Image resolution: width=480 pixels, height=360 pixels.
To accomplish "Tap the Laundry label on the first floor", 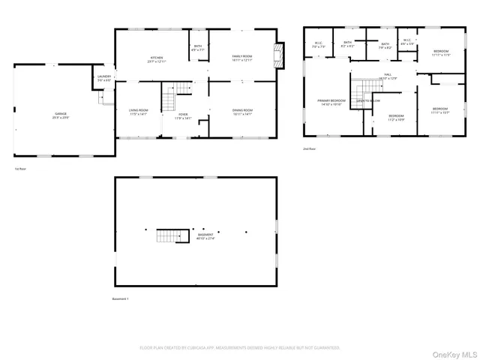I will click(104, 77).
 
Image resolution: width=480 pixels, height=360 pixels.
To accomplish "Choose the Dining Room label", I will click(242, 112).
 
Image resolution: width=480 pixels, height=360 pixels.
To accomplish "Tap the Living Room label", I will click(139, 112).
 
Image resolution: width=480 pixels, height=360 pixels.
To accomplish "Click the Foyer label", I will click(183, 116).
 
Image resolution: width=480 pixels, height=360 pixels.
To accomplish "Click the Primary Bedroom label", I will click(331, 102).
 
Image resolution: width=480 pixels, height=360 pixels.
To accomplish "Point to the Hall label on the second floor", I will click(388, 76).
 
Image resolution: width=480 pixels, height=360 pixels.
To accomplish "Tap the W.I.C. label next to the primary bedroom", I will click(317, 44).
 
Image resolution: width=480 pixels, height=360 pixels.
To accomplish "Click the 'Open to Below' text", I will click(367, 100).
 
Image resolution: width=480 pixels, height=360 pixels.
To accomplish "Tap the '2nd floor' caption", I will click(308, 149).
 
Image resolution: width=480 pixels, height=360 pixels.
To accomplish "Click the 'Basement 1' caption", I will click(120, 298).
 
